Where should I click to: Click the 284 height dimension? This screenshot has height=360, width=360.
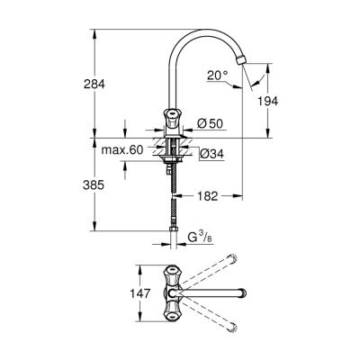pyautogui.click(x=94, y=85)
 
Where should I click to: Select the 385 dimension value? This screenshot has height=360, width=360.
pyautogui.click(x=94, y=184)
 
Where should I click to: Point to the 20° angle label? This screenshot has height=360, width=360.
pyautogui.click(x=217, y=77)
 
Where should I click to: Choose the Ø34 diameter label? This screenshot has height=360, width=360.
pyautogui.click(x=209, y=154)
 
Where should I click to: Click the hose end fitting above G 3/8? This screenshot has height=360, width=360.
pyautogui.click(x=173, y=236)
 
